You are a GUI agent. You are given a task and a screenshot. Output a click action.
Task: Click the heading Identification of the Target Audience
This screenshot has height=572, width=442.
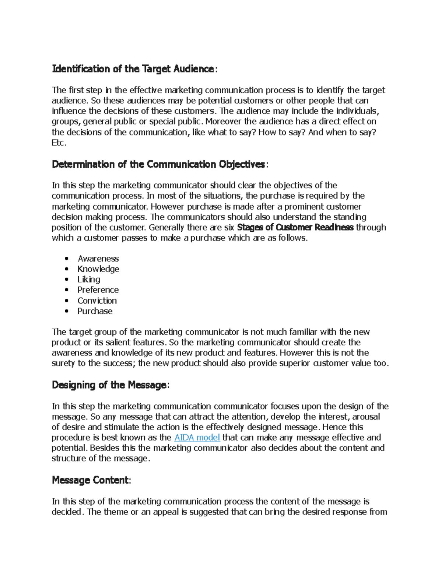pos(133,69)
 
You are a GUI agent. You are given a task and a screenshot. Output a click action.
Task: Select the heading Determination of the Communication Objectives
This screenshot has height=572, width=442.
pos(158,164)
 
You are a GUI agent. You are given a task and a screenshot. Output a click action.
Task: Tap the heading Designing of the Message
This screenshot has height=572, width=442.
pos(109,385)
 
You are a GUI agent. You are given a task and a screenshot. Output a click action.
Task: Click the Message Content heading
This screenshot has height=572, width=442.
pos(90,480)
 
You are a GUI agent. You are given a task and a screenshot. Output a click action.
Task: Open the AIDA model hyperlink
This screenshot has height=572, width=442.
pos(197,438)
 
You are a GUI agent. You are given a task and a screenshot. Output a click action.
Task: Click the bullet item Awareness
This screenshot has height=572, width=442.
pos(98,259)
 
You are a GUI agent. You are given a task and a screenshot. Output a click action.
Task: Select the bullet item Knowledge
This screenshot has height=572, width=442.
pos(98,269)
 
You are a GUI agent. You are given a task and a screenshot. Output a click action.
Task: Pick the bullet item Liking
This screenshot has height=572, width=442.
pos(88,279)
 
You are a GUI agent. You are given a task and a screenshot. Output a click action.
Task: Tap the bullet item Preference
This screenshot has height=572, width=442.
pos(98,290)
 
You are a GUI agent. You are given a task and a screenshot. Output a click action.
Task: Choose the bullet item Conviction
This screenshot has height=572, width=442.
pos(97,301)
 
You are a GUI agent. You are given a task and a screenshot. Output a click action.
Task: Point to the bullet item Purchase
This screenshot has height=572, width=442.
pos(95,311)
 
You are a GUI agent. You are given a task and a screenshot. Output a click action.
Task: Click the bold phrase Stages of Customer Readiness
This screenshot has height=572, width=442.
pos(295,227)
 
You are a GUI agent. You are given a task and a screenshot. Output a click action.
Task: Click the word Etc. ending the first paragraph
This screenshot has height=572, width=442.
pos(59,143)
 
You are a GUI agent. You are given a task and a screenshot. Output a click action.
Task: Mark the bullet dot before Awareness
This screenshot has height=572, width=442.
pos(67,259)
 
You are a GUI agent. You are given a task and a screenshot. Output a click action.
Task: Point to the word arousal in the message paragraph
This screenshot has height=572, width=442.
pos(366,417)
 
